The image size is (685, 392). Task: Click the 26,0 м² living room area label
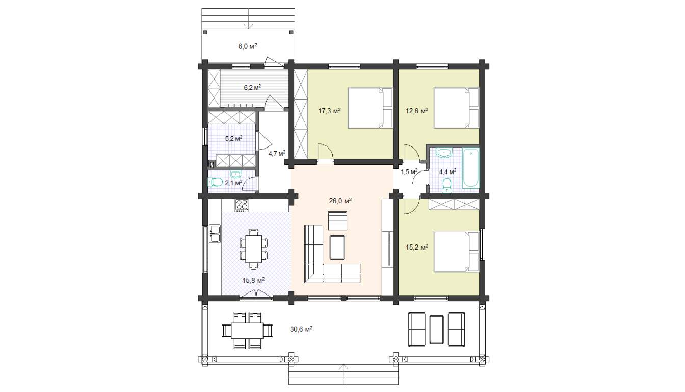tap(340, 201)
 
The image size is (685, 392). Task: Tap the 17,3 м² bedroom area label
tap(329, 111)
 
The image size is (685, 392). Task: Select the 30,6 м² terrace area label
tap(301, 329)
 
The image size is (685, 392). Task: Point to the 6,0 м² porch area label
tap(248, 46)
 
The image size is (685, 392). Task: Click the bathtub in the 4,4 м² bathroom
tap(470, 168)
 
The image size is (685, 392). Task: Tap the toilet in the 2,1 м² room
tap(215, 182)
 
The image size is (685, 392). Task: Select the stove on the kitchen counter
tap(242, 205)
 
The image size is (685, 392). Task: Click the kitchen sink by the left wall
tap(215, 234)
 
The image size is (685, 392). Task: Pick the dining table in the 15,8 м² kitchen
tap(254, 249)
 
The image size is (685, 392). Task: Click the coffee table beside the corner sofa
tap(337, 247)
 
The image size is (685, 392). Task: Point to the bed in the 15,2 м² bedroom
tap(457, 252)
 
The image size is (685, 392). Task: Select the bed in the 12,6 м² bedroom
tap(457, 108)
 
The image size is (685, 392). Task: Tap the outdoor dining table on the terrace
tap(247, 330)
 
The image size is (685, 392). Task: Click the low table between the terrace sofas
tap(436, 330)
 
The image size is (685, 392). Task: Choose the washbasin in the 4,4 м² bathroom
tap(444, 152)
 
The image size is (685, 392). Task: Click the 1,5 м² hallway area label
tap(409, 172)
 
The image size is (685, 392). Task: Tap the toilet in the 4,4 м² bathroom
tap(447, 186)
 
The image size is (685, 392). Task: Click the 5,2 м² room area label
tap(233, 138)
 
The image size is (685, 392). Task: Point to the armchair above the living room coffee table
tap(337, 220)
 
